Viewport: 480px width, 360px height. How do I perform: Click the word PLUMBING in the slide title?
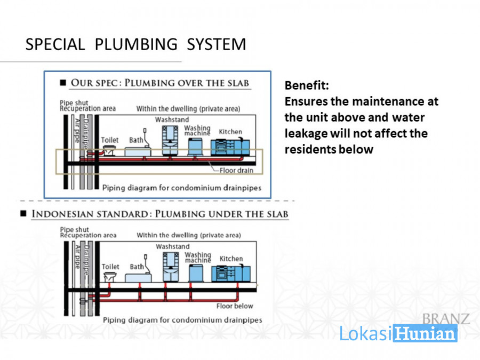click(x=136, y=44)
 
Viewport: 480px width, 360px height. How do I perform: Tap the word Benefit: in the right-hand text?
click(x=307, y=85)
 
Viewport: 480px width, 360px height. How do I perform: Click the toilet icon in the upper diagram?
click(x=109, y=150)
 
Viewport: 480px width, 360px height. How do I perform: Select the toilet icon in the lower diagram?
click(x=110, y=277)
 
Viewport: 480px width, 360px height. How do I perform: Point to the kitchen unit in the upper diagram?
click(x=230, y=147)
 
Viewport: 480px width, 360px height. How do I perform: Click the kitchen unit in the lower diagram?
click(x=231, y=274)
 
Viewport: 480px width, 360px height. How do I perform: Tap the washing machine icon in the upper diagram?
click(x=195, y=147)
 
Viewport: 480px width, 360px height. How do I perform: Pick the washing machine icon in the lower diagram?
click(x=196, y=274)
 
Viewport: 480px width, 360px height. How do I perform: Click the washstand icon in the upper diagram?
click(x=170, y=140)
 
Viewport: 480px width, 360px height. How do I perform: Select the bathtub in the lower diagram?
click(x=138, y=278)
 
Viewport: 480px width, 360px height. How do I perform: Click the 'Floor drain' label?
click(x=236, y=171)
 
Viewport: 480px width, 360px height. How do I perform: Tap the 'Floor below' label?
click(x=235, y=306)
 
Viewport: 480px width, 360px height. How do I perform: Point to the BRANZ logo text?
click(x=446, y=319)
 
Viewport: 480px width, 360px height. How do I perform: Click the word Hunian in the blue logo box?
click(x=425, y=333)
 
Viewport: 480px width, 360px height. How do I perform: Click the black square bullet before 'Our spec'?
click(x=63, y=83)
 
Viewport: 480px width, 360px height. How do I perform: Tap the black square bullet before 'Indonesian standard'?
click(x=23, y=213)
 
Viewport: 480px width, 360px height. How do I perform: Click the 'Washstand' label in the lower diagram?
click(x=173, y=246)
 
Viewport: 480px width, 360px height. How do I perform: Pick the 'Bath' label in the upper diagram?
click(x=136, y=140)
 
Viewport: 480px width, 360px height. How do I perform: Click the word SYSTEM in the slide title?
click(x=217, y=44)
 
